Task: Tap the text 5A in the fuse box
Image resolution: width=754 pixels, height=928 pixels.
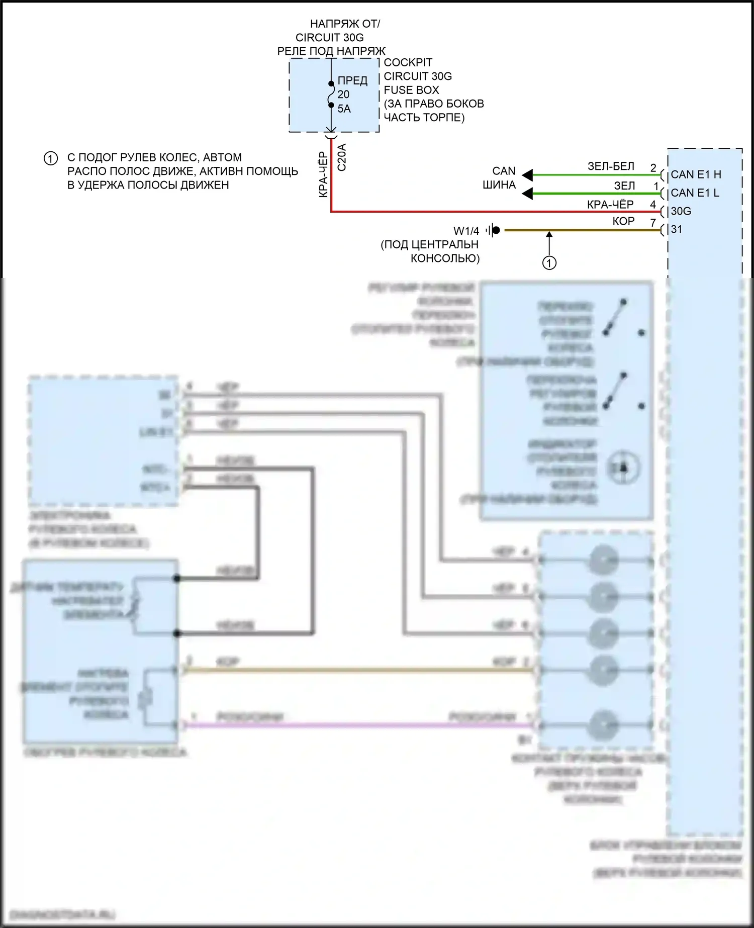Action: click(344, 109)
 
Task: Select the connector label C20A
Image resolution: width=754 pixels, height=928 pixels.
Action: click(342, 157)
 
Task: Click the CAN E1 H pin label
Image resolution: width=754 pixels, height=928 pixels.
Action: click(696, 174)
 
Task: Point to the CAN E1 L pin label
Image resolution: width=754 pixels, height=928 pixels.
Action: click(695, 193)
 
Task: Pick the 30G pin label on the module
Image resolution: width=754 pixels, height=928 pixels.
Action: click(681, 211)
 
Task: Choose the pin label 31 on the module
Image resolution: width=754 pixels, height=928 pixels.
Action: click(677, 229)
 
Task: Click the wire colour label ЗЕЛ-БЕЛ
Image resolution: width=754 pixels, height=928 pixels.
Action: click(611, 166)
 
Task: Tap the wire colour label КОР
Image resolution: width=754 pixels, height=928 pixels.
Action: click(623, 221)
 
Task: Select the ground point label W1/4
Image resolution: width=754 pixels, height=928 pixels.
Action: click(466, 231)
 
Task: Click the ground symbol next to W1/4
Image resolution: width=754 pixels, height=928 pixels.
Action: click(493, 230)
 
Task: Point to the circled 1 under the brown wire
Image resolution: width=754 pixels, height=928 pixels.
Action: click(549, 263)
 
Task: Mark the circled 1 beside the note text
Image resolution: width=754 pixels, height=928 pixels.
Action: click(51, 159)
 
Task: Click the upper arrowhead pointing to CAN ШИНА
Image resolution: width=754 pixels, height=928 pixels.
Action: click(527, 175)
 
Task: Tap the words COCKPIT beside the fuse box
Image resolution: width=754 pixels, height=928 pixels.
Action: click(408, 63)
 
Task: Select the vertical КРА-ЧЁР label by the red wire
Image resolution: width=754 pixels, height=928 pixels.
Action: click(324, 174)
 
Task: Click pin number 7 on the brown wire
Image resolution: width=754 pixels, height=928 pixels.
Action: click(653, 222)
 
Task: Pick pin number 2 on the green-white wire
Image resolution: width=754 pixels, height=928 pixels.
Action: click(653, 168)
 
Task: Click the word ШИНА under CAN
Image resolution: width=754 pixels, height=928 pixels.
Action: click(499, 185)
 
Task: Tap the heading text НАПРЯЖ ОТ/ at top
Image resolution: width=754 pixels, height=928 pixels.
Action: click(345, 24)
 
